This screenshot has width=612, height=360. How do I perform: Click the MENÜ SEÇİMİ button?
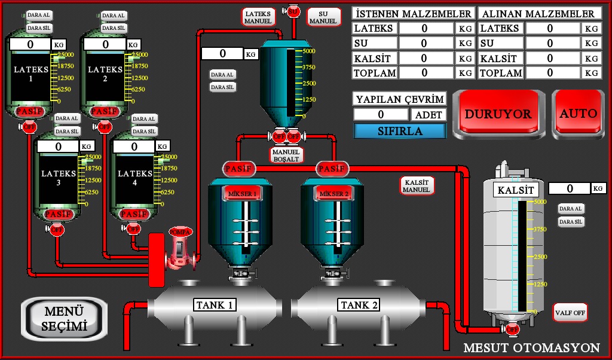65,319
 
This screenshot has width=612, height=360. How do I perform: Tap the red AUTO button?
578,114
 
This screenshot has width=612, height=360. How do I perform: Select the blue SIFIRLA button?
400,131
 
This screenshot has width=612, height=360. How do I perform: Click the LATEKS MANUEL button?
258,17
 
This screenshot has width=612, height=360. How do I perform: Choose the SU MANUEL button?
323,17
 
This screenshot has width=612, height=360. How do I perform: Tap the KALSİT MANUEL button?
417,185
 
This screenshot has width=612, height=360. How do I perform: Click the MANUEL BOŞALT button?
286,155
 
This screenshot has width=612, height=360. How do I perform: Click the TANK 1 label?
214,305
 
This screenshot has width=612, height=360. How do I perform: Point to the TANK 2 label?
359,305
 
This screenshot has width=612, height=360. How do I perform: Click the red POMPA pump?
180,245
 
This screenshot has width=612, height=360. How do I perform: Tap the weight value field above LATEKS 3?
58,147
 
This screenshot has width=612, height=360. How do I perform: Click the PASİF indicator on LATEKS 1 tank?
29,112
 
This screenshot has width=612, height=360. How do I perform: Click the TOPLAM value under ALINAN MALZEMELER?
550,73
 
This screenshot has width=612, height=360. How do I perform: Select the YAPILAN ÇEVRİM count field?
381,114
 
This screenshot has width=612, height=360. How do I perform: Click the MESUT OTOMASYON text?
531,348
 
